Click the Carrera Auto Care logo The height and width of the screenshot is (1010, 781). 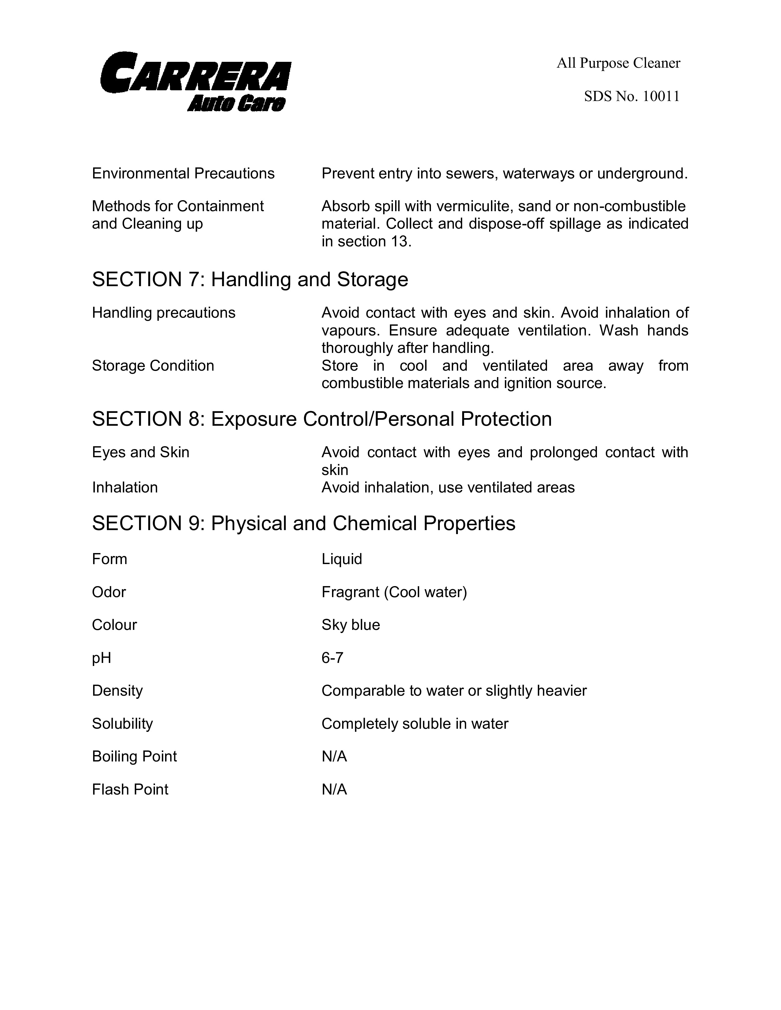[x=195, y=82]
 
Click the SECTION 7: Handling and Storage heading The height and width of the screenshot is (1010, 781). [x=250, y=279]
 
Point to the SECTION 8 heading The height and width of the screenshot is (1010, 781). [x=322, y=419]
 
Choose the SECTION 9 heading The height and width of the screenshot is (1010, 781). [x=304, y=523]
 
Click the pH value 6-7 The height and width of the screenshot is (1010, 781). [x=332, y=658]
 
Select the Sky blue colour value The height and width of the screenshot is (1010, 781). [x=351, y=625]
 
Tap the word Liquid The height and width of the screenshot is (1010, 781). [x=341, y=559]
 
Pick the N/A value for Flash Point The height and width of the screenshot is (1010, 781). [x=334, y=789]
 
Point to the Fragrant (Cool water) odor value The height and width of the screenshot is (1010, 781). [x=394, y=592]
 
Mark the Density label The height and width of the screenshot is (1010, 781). [x=117, y=690]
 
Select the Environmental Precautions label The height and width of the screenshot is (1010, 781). [x=183, y=174]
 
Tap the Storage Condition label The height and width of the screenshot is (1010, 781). [x=153, y=365]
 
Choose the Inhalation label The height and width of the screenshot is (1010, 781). [x=125, y=488]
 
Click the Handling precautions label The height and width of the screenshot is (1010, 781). [x=163, y=312]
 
